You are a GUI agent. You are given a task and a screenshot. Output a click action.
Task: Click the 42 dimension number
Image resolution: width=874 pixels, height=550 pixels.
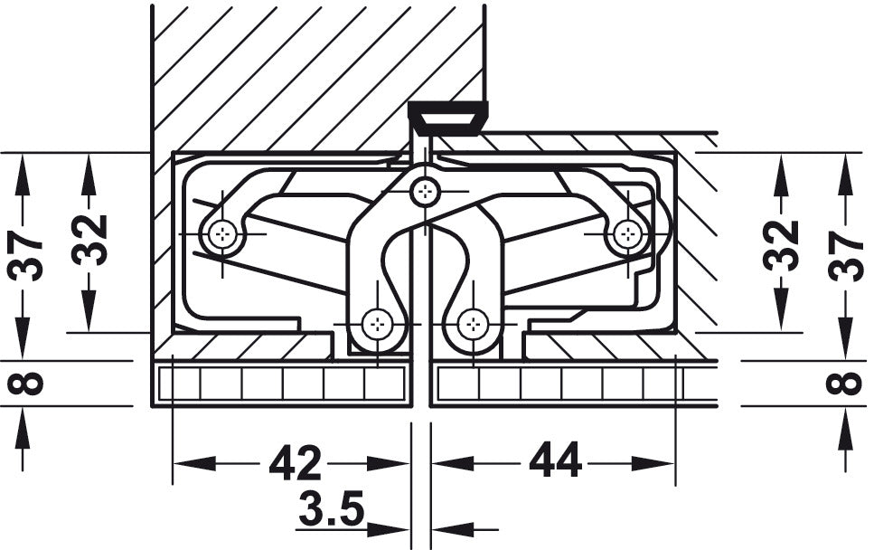tap(296, 462)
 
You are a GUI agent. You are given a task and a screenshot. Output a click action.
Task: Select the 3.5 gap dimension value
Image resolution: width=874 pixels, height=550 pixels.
tap(331, 508)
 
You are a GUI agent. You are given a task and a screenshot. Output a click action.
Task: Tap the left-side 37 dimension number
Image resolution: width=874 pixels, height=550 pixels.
tap(25, 256)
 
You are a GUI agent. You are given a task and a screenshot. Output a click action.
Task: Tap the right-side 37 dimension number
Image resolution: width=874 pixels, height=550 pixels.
tap(845, 256)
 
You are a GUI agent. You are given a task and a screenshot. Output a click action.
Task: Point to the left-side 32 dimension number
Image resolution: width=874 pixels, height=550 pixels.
tap(89, 240)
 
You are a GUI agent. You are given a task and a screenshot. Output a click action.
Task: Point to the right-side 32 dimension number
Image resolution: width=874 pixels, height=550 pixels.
tap(781, 245)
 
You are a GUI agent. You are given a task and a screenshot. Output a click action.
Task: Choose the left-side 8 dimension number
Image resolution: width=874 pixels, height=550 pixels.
tap(25, 384)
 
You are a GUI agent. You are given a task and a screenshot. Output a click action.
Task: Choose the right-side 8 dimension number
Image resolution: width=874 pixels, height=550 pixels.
tap(845, 384)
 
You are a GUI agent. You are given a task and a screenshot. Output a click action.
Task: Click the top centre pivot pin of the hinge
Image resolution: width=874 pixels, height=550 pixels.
tap(425, 192)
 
